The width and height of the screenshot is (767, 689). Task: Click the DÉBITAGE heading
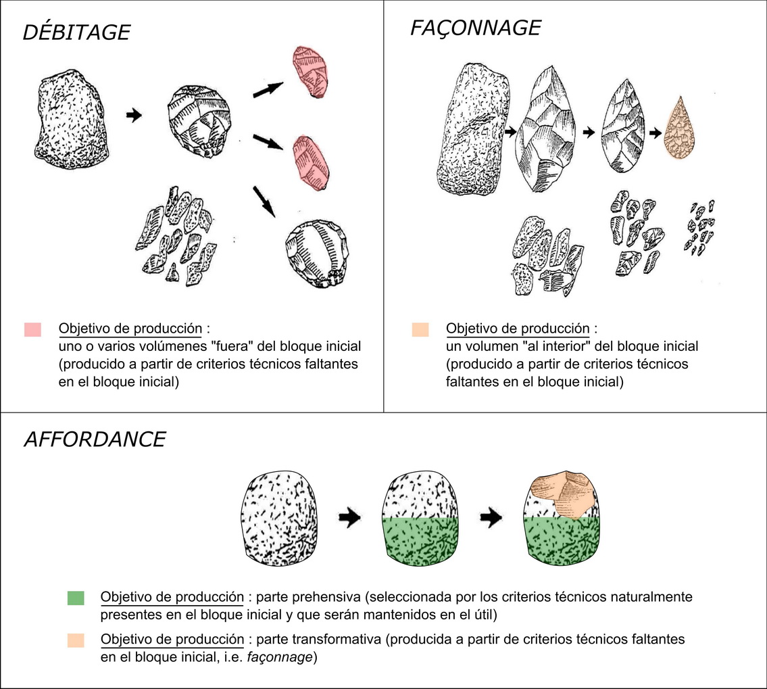[x=76, y=32]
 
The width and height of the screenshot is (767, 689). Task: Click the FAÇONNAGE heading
[x=475, y=28]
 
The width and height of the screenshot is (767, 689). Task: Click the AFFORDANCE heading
[x=95, y=439]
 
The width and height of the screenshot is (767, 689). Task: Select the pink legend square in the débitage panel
[x=32, y=329]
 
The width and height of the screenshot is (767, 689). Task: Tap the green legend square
[x=76, y=598]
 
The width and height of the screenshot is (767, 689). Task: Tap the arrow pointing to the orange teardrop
[x=655, y=133]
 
